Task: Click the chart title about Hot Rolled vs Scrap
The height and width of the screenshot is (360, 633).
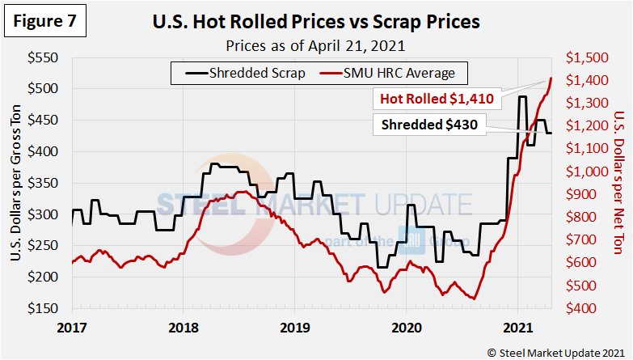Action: coord(315,22)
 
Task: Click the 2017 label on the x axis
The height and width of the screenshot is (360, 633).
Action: coord(71,328)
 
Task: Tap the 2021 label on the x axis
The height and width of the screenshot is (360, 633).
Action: coord(517,328)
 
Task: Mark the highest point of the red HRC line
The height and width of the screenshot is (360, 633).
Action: coord(551,78)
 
